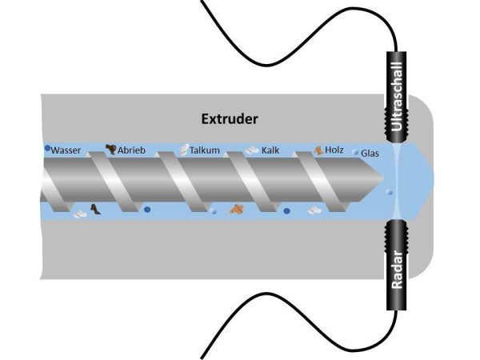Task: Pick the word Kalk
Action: tap(270, 150)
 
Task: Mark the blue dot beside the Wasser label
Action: tap(48, 148)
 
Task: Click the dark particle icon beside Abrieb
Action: tap(110, 148)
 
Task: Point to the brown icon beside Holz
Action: tap(318, 149)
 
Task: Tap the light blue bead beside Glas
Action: tap(356, 151)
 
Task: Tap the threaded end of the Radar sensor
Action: tap(398, 232)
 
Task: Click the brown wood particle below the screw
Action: tap(237, 209)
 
